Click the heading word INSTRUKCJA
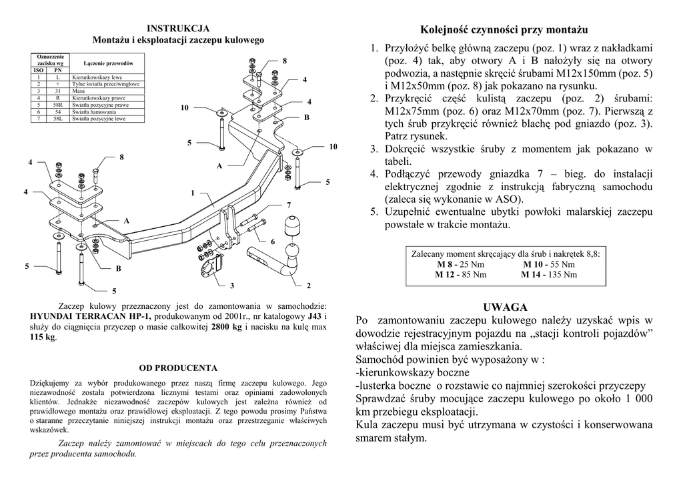[x=178, y=28]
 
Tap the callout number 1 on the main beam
[x=192, y=193]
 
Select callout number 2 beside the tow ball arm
[x=308, y=286]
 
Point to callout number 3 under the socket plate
[x=232, y=286]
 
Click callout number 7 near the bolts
[x=289, y=204]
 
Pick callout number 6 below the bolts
[x=272, y=241]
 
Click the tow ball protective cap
[x=293, y=227]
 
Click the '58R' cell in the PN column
[x=58, y=105]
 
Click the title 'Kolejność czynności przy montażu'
[x=505, y=30]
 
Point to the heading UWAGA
[x=505, y=307]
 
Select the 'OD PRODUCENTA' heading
[x=178, y=367]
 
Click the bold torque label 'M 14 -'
[x=534, y=274]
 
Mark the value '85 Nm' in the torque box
[x=473, y=274]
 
